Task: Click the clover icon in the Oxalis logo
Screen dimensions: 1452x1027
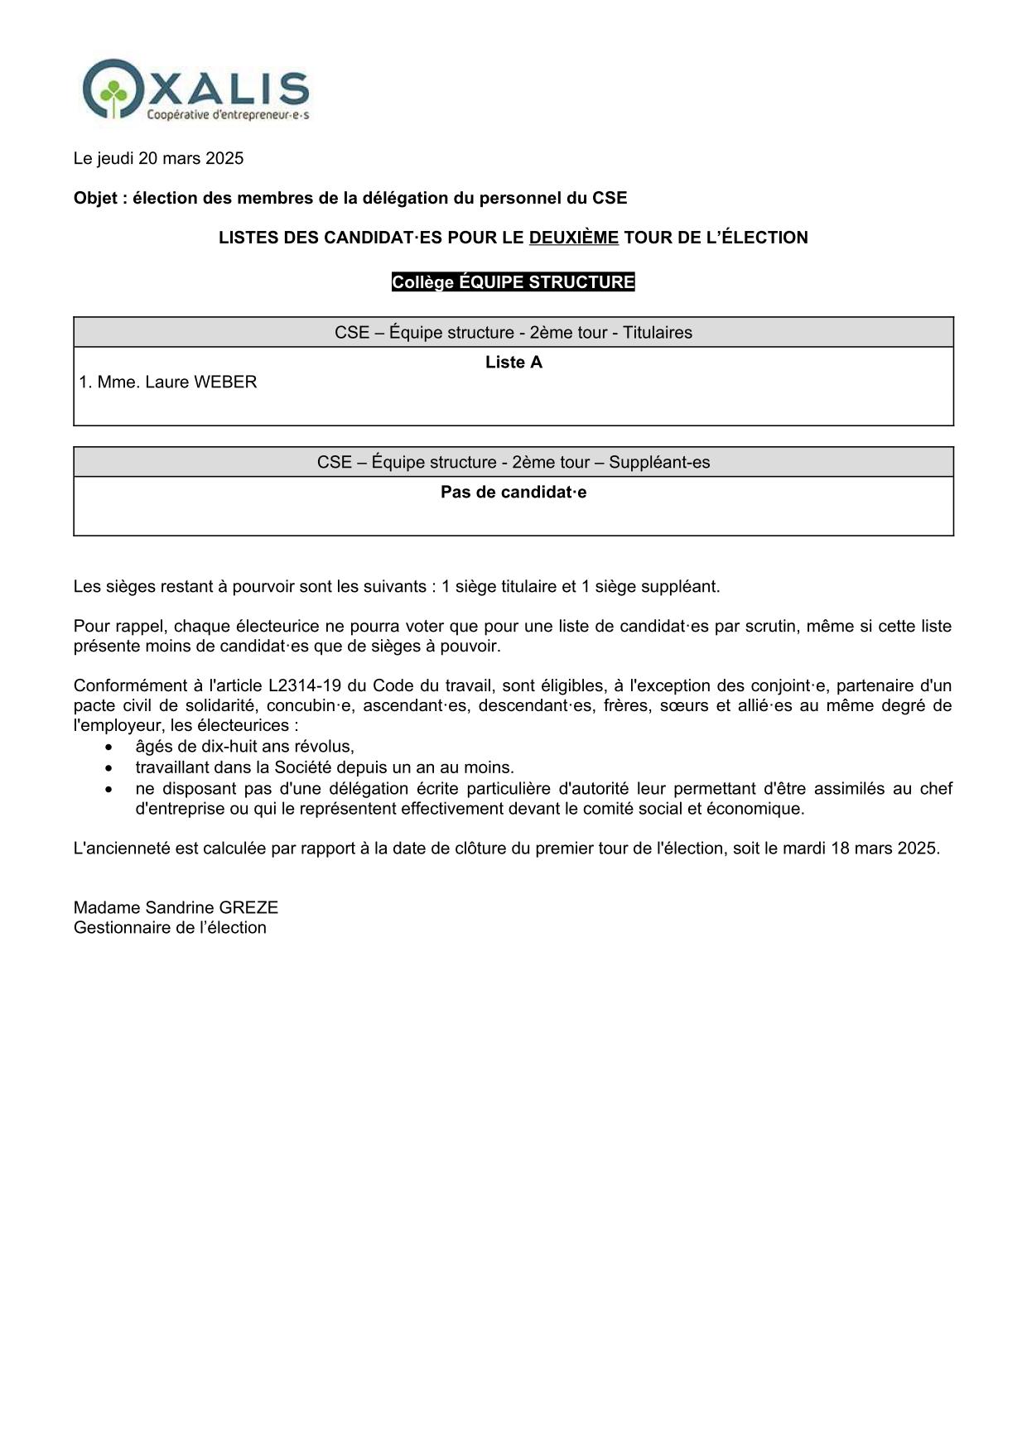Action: [x=114, y=90]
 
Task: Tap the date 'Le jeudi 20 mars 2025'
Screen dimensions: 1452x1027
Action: [x=158, y=158]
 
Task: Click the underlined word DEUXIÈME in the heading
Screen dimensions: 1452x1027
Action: [x=573, y=238]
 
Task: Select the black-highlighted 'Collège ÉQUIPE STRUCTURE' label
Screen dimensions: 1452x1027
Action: [x=513, y=282]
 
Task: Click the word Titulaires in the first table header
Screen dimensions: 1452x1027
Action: [x=657, y=333]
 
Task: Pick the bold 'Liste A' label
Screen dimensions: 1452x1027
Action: [x=513, y=363]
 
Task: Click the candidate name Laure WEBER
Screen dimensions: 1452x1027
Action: [x=200, y=382]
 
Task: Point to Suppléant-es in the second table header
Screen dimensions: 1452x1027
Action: [x=659, y=462]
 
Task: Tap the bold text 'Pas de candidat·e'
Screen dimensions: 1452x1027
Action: [x=513, y=493]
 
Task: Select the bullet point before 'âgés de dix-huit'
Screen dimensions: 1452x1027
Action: [x=108, y=747]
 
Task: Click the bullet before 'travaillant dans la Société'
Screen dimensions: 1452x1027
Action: [x=108, y=767]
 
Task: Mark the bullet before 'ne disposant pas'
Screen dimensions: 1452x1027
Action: [x=108, y=789]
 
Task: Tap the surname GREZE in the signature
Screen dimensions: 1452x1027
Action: [x=248, y=907]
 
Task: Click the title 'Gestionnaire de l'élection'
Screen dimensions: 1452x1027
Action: [x=170, y=928]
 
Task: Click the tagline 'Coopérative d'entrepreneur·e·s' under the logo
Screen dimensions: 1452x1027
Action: [x=228, y=116]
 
